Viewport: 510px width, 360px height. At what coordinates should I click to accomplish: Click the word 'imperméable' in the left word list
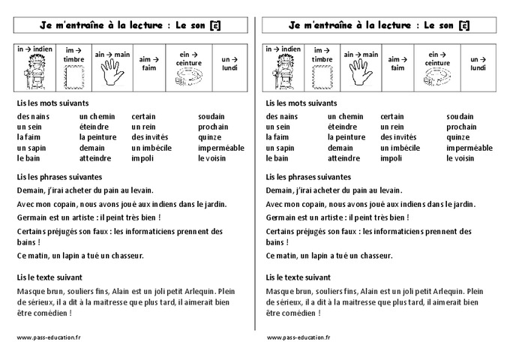point(221,148)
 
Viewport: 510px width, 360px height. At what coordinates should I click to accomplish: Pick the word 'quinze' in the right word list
point(457,137)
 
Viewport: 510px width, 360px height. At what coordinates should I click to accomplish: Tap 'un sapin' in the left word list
point(31,148)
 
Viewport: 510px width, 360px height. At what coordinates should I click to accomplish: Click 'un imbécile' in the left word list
point(152,148)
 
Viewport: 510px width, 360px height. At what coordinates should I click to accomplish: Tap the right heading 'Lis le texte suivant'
point(298,277)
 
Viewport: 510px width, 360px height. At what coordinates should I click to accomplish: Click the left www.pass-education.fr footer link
point(49,337)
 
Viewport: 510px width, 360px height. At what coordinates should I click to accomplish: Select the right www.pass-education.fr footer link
point(298,337)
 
